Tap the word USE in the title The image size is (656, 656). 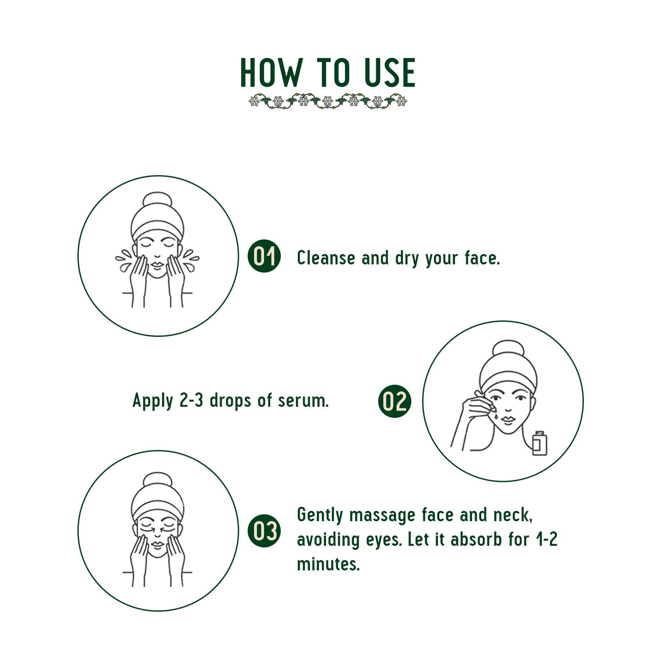(389, 73)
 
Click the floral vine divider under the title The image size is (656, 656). (328, 100)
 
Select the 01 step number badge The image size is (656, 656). (264, 256)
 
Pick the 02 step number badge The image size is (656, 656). (395, 401)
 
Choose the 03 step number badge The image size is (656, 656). (264, 530)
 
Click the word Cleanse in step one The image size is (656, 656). (326, 258)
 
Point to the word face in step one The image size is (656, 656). (482, 258)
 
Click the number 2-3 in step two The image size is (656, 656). (192, 400)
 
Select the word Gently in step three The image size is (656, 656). (320, 516)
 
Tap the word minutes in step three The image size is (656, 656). (328, 564)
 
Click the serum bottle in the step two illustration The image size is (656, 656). (539, 444)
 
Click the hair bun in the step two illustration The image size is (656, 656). (507, 351)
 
